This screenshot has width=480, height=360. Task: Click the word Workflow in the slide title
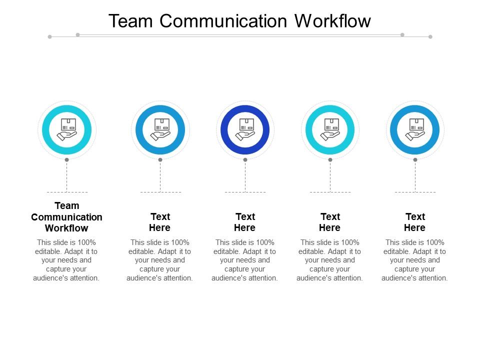pyautogui.click(x=332, y=21)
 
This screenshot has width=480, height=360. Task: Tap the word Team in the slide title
pyautogui.click(x=131, y=21)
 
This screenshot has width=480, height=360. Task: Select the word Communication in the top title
pyautogui.click(x=224, y=21)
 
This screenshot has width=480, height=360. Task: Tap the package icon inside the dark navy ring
pyautogui.click(x=245, y=129)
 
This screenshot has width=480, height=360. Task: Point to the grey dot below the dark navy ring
pyautogui.click(x=245, y=160)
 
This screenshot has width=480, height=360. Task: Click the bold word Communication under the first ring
pyautogui.click(x=66, y=217)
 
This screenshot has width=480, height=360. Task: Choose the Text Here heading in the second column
pyautogui.click(x=160, y=222)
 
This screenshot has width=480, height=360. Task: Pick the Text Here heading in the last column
pyautogui.click(x=415, y=222)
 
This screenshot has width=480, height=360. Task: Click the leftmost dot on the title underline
pyautogui.click(x=49, y=36)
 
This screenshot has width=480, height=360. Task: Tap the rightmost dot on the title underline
pyautogui.click(x=430, y=36)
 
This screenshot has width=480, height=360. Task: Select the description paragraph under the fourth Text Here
pyautogui.click(x=330, y=260)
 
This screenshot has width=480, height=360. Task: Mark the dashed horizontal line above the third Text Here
pyautogui.click(x=245, y=192)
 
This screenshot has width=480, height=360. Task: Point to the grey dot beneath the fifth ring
pyautogui.click(x=415, y=160)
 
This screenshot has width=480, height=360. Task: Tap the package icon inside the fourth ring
pyautogui.click(x=330, y=129)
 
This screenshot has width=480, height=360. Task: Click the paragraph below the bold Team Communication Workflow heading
pyautogui.click(x=66, y=260)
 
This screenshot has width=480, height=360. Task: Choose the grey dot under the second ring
pyautogui.click(x=160, y=160)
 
